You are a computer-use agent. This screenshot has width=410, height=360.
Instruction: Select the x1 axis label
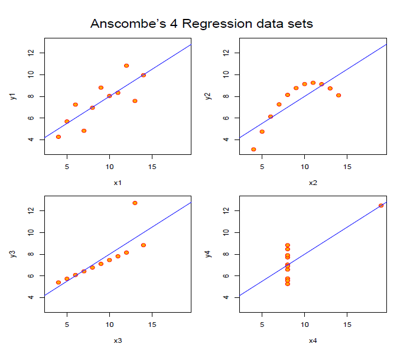(x=118, y=183)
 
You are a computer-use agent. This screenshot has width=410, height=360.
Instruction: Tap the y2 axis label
(x=207, y=96)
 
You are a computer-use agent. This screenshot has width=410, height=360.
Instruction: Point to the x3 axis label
(x=118, y=340)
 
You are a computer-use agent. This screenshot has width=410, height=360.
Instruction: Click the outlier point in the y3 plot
(x=135, y=203)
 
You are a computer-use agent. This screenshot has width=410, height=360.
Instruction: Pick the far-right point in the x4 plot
(x=381, y=205)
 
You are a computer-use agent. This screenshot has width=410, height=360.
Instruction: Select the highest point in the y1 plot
(x=126, y=66)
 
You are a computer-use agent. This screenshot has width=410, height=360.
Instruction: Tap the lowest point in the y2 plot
(x=253, y=150)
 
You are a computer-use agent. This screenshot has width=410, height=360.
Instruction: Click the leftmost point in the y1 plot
(x=58, y=137)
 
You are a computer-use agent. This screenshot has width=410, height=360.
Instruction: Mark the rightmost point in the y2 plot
(x=339, y=95)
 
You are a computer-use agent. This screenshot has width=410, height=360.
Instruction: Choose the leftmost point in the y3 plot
(x=58, y=282)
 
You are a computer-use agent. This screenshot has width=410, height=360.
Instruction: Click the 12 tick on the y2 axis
(x=226, y=53)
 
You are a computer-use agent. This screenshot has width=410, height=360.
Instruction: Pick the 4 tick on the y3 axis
(x=31, y=297)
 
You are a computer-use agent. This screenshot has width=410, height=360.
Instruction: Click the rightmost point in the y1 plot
(x=144, y=75)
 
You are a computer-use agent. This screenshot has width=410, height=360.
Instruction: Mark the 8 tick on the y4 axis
(x=226, y=254)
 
